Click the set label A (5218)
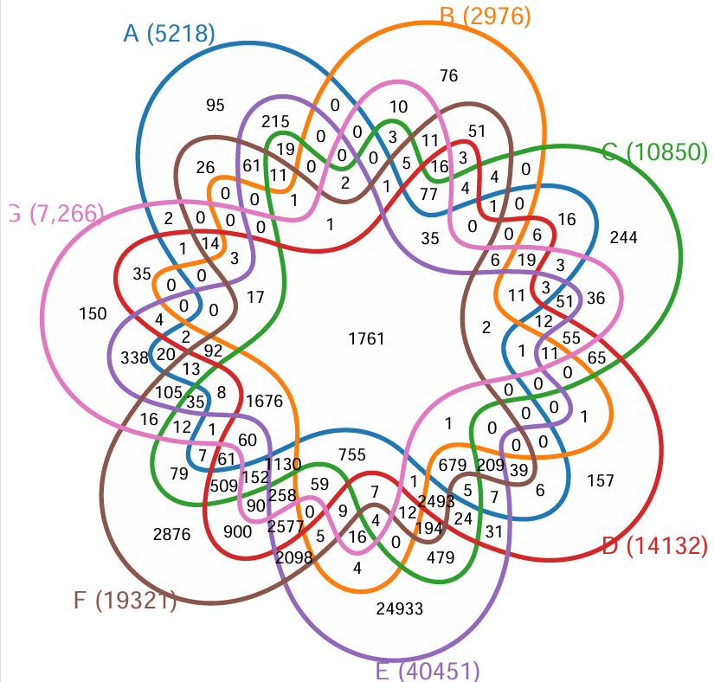coord(170,33)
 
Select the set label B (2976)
coord(485,16)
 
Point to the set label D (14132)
coord(654,545)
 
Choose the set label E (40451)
coord(427,671)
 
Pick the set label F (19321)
coord(125,600)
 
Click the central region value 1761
coord(366,338)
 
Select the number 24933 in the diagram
coord(400,608)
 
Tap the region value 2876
coord(171,535)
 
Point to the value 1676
coord(265,401)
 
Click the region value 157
coord(601,480)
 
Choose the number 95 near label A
coord(215,106)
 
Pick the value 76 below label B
coord(448,76)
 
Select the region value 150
coord(93,313)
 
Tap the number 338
coord(135,356)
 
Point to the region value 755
coord(352,455)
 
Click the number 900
coord(237,531)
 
